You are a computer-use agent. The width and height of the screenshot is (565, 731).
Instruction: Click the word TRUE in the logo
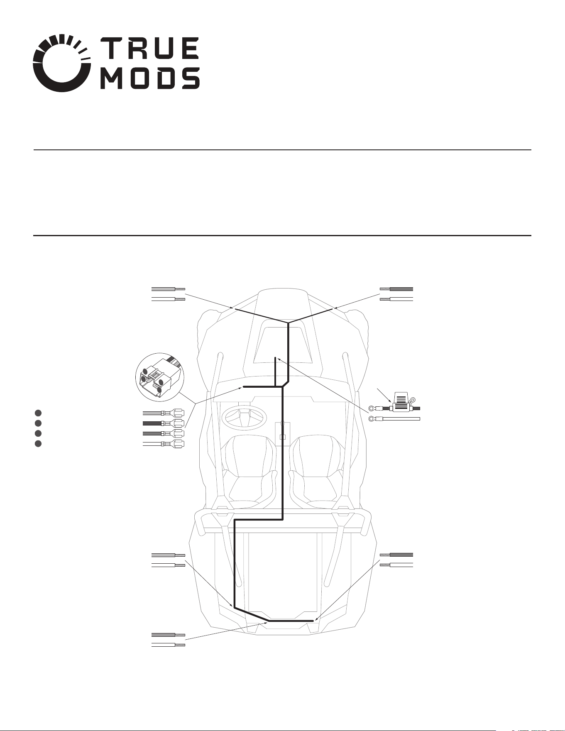coord(150,48)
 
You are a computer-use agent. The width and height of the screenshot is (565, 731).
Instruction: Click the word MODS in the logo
coord(150,78)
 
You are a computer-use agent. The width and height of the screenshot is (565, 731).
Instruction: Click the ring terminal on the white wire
coord(372,419)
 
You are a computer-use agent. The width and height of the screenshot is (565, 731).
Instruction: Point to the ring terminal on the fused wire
coord(372,408)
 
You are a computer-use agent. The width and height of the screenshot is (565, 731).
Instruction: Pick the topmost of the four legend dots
coord(38,413)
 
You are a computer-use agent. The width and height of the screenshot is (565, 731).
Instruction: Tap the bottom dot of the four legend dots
coord(38,444)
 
